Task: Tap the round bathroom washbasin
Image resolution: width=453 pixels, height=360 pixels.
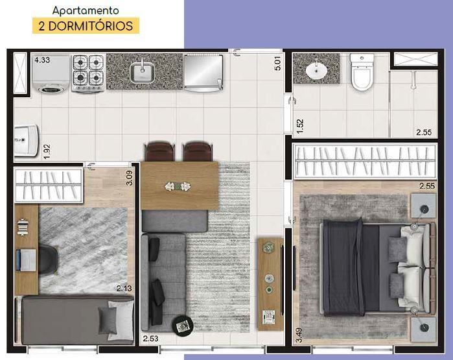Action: coord(317,70)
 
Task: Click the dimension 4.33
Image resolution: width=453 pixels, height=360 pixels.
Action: coord(42,60)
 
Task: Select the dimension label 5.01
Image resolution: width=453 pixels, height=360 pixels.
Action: coord(277,63)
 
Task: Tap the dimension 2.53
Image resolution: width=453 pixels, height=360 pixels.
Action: coord(150,338)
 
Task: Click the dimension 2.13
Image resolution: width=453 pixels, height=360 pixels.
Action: coord(125,289)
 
